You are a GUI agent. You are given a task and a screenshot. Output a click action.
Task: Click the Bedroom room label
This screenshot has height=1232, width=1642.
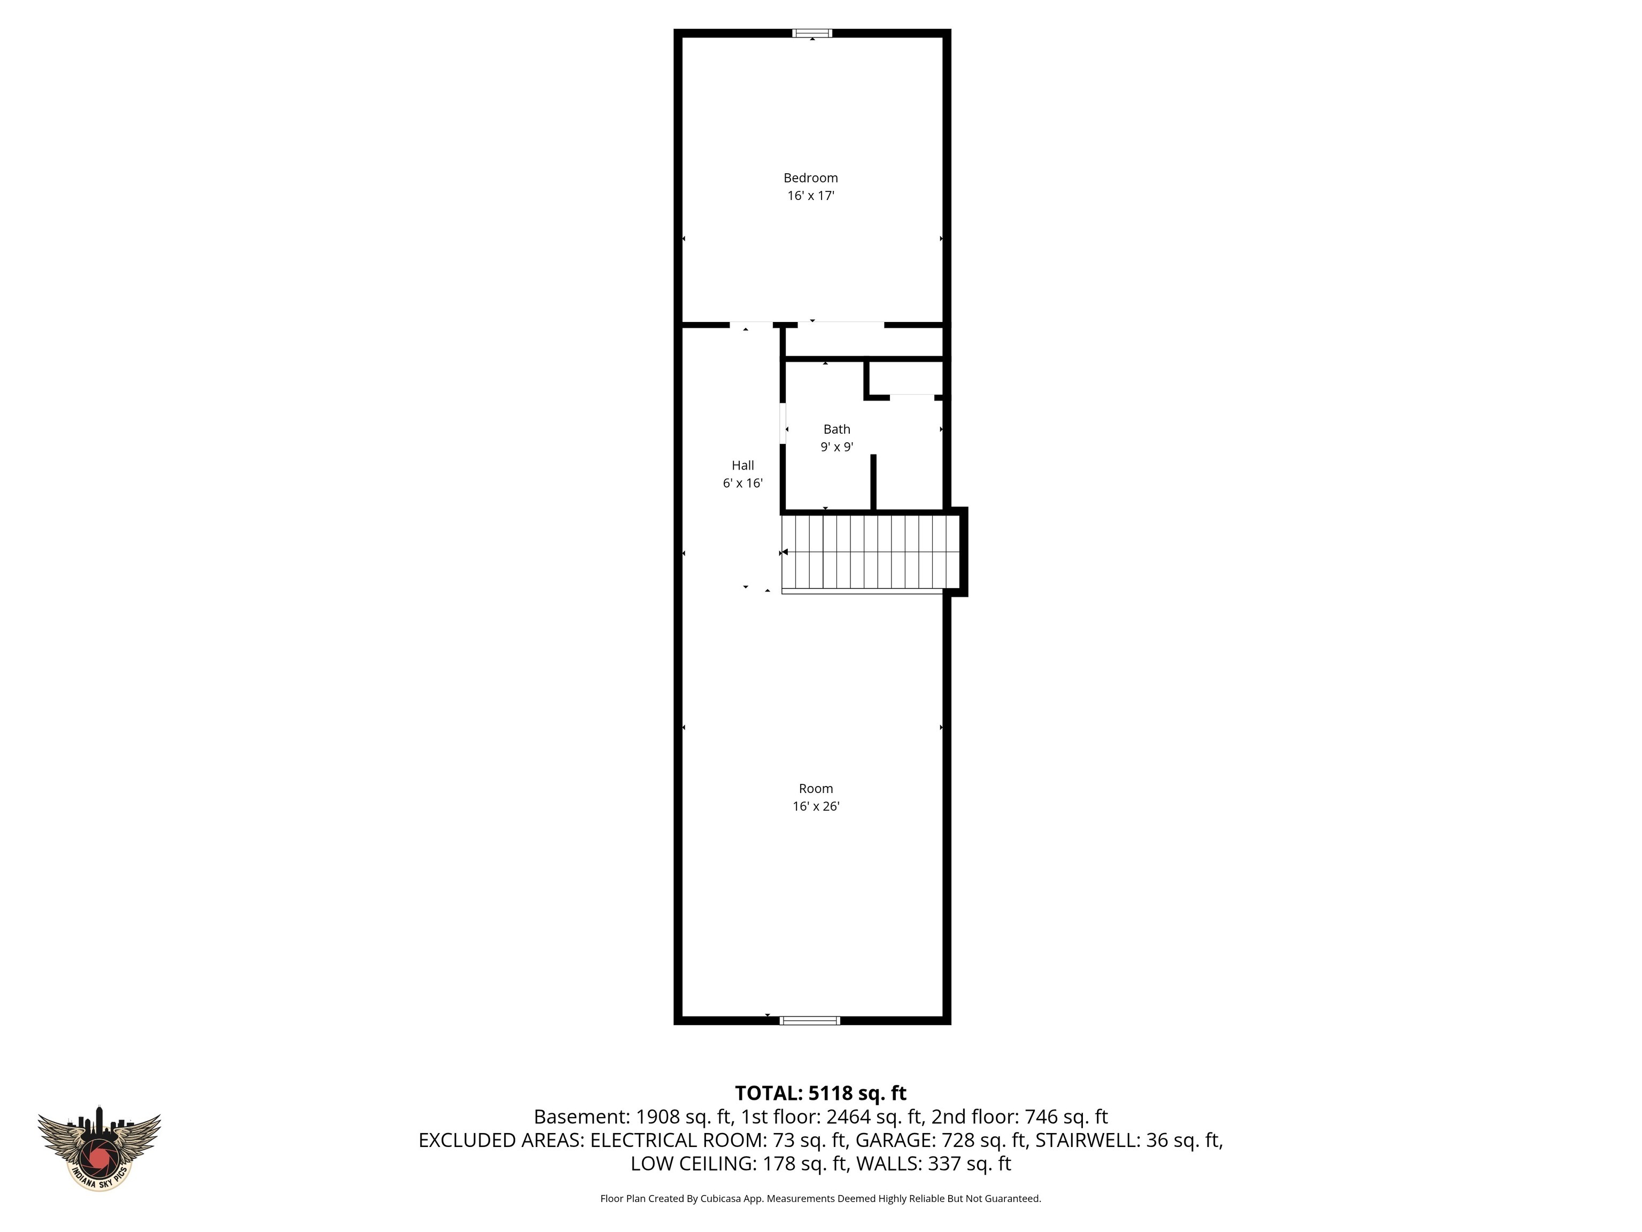click(x=811, y=178)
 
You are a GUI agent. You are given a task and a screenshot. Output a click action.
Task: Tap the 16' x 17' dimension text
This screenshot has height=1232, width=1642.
click(x=811, y=196)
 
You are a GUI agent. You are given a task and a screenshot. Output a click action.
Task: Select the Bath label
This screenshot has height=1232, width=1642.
click(x=837, y=429)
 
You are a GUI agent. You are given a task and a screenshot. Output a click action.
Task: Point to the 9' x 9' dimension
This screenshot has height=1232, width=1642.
click(x=837, y=447)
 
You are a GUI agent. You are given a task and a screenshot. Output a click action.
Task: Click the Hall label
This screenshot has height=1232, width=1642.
click(x=742, y=466)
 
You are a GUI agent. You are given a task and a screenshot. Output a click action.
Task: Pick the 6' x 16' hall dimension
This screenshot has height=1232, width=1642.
click(x=742, y=483)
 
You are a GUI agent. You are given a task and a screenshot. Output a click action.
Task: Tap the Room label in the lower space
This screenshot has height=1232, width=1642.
click(x=816, y=789)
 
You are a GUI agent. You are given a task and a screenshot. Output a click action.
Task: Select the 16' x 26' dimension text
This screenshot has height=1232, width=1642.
click(x=816, y=806)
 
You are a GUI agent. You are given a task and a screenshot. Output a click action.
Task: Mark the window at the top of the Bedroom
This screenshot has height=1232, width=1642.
click(x=812, y=33)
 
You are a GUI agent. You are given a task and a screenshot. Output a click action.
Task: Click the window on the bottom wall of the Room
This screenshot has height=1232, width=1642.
click(x=810, y=1020)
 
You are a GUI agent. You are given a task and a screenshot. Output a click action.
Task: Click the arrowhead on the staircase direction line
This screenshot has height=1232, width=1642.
click(x=785, y=552)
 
